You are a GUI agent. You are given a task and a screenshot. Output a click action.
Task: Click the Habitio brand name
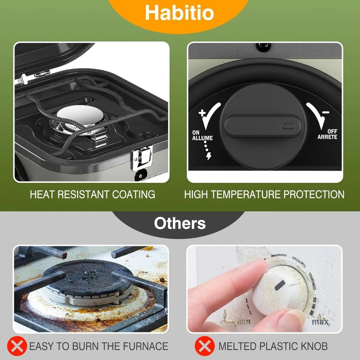(180, 13)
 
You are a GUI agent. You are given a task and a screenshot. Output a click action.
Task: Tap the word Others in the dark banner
(180, 223)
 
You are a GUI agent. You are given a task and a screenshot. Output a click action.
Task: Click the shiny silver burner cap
(80, 114)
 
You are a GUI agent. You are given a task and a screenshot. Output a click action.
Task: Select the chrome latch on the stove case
(142, 157)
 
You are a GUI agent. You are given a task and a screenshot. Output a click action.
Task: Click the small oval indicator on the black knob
(288, 126)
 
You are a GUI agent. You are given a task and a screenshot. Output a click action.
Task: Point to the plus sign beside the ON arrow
(202, 113)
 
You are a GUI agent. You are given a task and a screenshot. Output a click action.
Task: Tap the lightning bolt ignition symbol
(209, 156)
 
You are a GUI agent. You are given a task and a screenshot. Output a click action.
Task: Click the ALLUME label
(202, 138)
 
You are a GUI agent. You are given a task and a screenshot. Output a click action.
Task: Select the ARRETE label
(327, 137)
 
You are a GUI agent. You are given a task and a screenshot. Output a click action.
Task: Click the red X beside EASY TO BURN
(17, 346)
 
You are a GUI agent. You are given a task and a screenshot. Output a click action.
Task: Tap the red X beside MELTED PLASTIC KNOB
(205, 346)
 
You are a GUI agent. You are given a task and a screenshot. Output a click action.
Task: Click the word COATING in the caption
(134, 194)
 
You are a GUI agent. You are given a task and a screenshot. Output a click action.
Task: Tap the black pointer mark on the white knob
(280, 285)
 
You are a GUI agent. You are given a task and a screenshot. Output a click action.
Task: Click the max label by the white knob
(320, 321)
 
